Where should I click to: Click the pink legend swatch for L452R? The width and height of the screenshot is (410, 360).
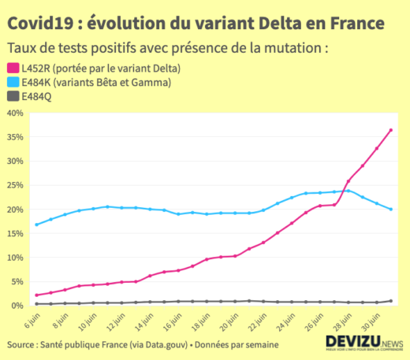coord(13,68)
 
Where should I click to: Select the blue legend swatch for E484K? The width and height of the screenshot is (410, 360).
coord(13,82)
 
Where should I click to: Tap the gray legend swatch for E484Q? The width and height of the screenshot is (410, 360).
coord(13,96)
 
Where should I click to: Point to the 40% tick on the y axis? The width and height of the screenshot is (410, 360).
coord(15,113)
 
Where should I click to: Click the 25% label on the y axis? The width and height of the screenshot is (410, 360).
coord(15,185)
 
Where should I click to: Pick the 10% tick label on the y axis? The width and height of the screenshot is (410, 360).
coord(15,258)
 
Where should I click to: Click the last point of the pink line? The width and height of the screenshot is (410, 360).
coord(391,130)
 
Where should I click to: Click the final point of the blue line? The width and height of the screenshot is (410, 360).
coord(391,209)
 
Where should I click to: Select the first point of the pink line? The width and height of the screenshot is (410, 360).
coord(37,295)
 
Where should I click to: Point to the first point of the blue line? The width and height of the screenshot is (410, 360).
coord(37,225)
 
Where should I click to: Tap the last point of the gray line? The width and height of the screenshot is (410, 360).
coord(391,301)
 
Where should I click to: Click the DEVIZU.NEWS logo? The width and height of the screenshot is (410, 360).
coord(363,343)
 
